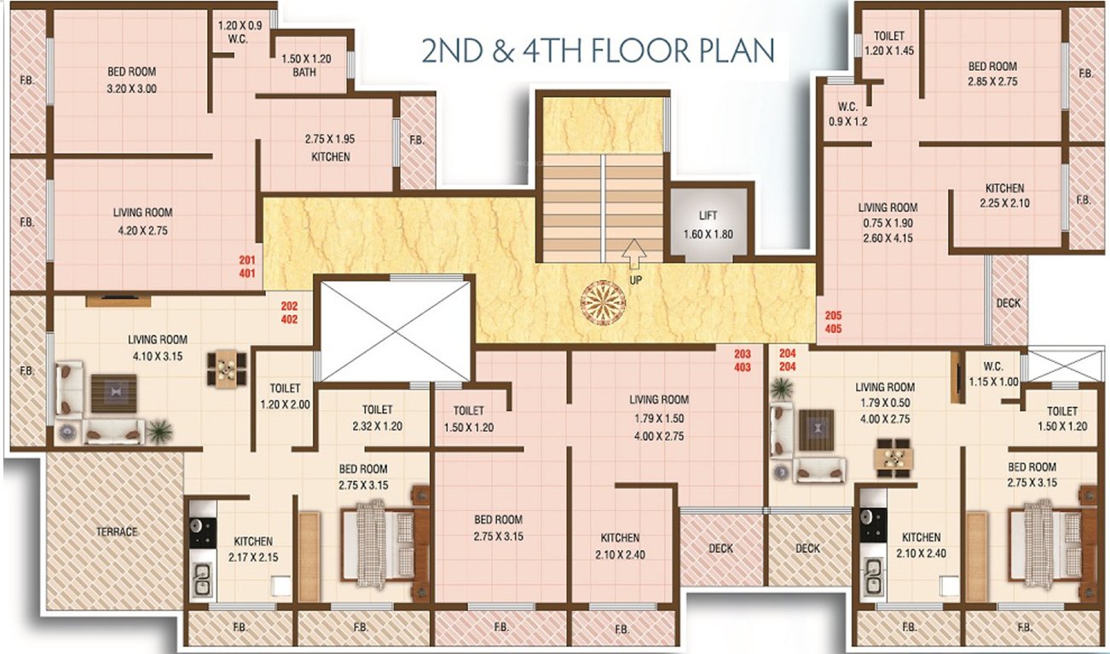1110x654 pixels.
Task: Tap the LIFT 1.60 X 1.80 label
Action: point(708,227)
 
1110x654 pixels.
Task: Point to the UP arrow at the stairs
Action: point(632,253)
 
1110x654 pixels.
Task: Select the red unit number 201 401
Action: point(247,267)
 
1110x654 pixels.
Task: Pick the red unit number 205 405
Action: point(833,321)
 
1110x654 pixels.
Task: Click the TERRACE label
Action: point(117,532)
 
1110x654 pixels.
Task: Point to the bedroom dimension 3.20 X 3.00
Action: point(131,89)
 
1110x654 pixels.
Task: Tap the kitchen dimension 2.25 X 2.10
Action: point(1005,203)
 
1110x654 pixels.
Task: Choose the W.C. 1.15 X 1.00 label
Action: point(993,374)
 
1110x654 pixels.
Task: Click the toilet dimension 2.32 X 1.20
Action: point(376,425)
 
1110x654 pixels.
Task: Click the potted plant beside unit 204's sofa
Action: point(780,390)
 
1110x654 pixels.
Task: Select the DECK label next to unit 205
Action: point(1008,303)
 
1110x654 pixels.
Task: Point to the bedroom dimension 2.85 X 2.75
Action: point(992,82)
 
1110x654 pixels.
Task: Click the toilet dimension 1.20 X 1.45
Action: point(889,51)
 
